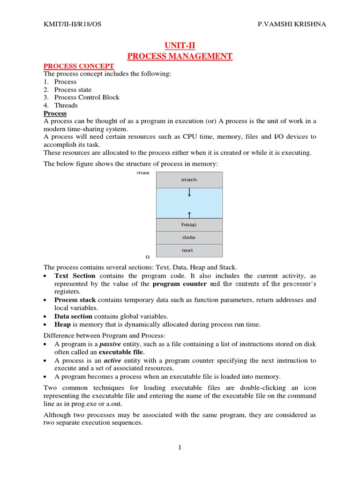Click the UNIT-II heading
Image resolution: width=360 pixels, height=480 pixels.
tap(180, 45)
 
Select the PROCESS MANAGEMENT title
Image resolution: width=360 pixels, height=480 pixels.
tap(180, 56)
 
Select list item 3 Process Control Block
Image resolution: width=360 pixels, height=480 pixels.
tap(87, 97)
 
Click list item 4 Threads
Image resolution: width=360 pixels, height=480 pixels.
tap(66, 105)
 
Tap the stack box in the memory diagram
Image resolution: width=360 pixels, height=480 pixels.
tap(189, 180)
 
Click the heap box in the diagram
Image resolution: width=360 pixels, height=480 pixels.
tap(189, 225)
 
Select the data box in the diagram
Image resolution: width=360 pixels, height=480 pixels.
tap(189, 237)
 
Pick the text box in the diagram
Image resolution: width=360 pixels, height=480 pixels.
tap(187, 250)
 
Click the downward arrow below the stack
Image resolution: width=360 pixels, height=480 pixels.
tap(189, 193)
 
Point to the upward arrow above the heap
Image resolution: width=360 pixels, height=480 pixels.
tap(189, 214)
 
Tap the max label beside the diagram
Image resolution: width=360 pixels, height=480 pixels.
tap(143, 173)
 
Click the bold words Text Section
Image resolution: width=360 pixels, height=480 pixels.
tap(75, 276)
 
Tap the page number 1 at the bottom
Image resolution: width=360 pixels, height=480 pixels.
tap(180, 448)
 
